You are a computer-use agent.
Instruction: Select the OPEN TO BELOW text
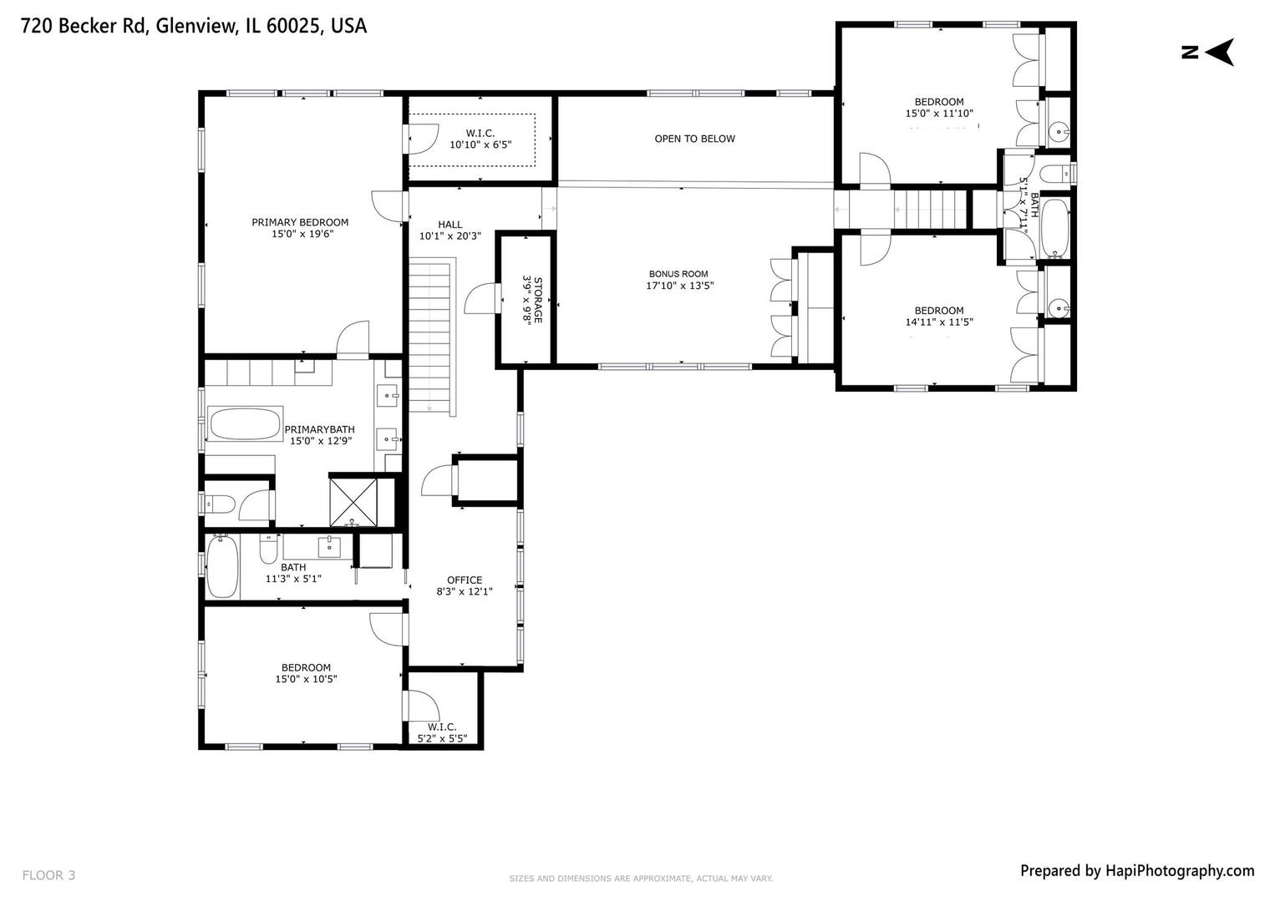694,139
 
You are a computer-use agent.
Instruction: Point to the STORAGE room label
532,300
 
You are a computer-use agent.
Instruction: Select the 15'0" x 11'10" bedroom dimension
939,113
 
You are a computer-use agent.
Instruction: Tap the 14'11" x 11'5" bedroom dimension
939,322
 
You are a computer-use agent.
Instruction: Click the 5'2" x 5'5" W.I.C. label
442,732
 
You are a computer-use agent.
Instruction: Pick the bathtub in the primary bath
245,423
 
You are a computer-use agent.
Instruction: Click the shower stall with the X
353,501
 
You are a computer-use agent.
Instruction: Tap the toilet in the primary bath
221,504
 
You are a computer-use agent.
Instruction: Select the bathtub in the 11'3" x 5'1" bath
222,567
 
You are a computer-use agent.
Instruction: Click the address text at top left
193,26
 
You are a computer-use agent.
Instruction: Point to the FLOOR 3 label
48,875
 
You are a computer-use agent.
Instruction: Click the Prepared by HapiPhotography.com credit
1136,870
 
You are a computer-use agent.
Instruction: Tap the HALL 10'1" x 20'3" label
450,230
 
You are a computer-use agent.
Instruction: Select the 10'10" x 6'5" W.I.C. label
480,139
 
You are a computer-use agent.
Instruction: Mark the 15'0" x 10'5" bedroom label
306,673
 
